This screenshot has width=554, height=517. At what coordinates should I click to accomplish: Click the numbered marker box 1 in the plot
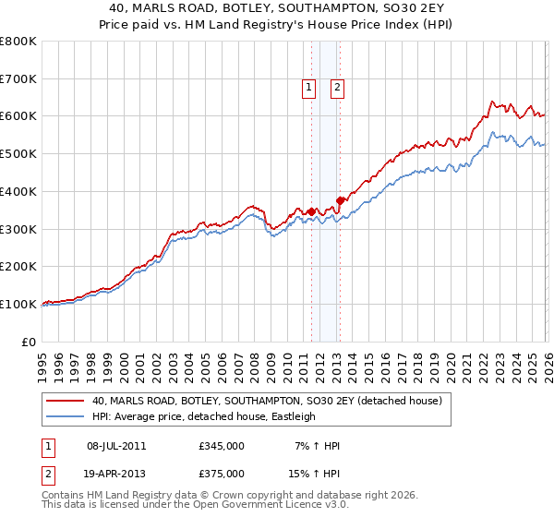[x=307, y=88]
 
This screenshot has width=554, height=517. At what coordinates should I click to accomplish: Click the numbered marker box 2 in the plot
[x=337, y=88]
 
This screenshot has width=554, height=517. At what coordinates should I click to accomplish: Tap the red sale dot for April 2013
[x=340, y=199]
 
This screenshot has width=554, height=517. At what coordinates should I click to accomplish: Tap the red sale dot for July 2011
[x=311, y=211]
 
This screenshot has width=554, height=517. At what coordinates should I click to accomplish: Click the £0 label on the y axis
[x=28, y=342]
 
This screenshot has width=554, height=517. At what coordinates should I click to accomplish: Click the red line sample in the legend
[x=66, y=402]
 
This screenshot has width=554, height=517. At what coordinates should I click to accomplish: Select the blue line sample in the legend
[x=66, y=416]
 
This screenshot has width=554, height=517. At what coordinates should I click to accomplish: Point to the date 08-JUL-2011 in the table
[x=116, y=446]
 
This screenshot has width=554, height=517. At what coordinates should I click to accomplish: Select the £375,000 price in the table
[x=222, y=473]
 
